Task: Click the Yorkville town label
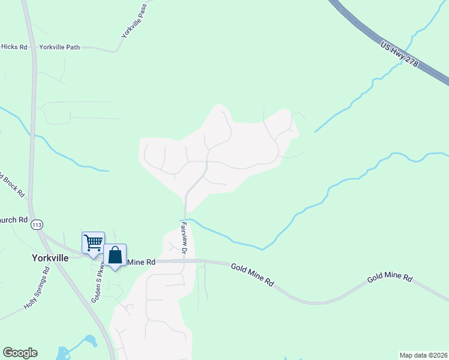pos(51,257)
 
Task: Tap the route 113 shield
pos(37,224)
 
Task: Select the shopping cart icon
pos(93,243)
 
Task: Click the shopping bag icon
pos(115,255)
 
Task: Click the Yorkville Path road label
pos(59,47)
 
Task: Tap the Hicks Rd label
pos(14,46)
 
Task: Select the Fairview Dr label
pos(185,236)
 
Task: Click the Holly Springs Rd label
pos(37,287)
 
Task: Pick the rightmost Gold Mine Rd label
pos(390,278)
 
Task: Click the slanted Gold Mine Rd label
pos(253,273)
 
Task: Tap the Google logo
pos(20,353)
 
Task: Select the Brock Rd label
pos(12,185)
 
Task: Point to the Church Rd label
pos(14,220)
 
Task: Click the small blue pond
pos(91,341)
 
